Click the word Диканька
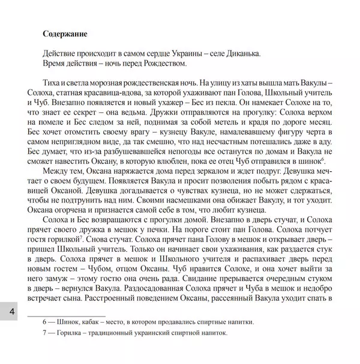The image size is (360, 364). click(240, 53)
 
